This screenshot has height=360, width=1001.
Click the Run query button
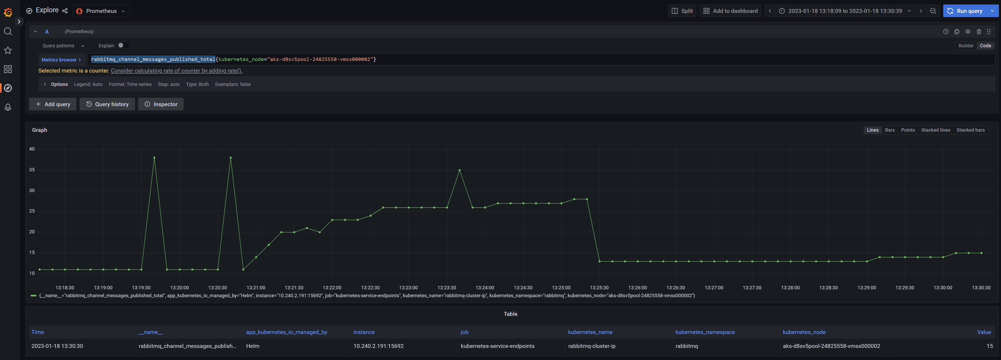point(965,11)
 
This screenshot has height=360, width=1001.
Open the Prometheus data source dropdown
point(101,11)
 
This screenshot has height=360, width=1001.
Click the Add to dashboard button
point(730,11)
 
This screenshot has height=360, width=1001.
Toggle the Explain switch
point(123,45)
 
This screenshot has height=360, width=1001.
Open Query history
point(107,104)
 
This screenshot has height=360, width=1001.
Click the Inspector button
point(161,104)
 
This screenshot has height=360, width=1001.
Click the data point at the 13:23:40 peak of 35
point(459,170)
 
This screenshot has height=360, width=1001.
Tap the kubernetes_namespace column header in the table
point(705,332)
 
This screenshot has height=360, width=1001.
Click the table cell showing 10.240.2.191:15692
point(378,346)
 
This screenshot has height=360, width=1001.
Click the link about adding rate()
point(176,71)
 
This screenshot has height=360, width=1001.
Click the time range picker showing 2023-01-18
point(845,11)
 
